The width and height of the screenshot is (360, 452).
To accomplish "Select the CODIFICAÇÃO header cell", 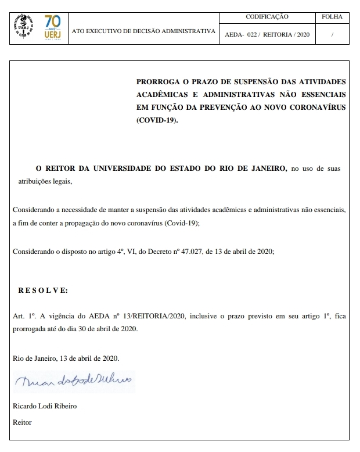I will click(267, 17).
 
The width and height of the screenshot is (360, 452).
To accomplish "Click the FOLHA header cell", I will click(332, 17).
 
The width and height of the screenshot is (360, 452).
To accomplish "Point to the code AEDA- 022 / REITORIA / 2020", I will click(267, 35).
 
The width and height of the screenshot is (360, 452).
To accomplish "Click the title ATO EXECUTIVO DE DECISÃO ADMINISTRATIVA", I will click(143, 31).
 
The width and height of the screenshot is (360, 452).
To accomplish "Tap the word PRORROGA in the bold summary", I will click(159, 82).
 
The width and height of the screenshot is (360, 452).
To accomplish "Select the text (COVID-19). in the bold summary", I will click(158, 120).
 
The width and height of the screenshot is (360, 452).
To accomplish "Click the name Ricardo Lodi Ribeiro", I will click(45, 406).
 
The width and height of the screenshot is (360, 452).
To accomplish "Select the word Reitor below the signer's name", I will click(22, 422).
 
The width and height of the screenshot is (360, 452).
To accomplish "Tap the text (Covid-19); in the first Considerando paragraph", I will click(197, 223).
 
